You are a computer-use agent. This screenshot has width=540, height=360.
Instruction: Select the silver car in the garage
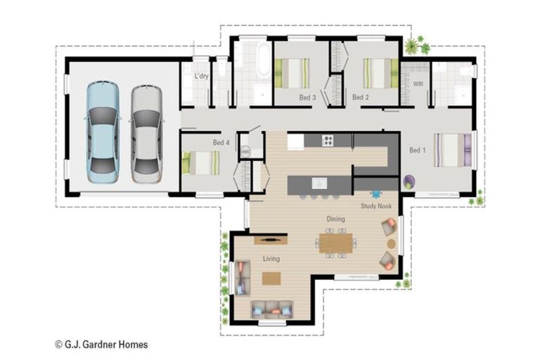146,134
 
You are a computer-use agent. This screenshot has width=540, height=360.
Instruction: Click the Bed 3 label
307,97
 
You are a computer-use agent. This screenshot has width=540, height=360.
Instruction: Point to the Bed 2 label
360,97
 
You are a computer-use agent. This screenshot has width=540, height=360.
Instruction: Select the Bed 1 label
418,150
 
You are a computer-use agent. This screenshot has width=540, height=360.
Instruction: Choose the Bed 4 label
221,143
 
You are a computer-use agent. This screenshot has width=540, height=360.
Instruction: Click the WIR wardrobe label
418,84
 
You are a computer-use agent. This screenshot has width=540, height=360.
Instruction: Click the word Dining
335,219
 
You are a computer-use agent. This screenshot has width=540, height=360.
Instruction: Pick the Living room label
271,259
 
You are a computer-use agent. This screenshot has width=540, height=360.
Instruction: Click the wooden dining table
335,243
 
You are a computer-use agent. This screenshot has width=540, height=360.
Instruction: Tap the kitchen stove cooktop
328,141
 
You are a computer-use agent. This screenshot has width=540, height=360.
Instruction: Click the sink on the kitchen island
320,184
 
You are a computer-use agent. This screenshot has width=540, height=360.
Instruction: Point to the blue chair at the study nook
375,193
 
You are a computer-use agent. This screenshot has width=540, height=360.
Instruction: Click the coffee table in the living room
271,278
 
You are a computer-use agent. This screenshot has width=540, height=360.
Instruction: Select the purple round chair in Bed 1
409,183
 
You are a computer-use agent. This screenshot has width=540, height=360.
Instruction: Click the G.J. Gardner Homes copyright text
101,345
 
